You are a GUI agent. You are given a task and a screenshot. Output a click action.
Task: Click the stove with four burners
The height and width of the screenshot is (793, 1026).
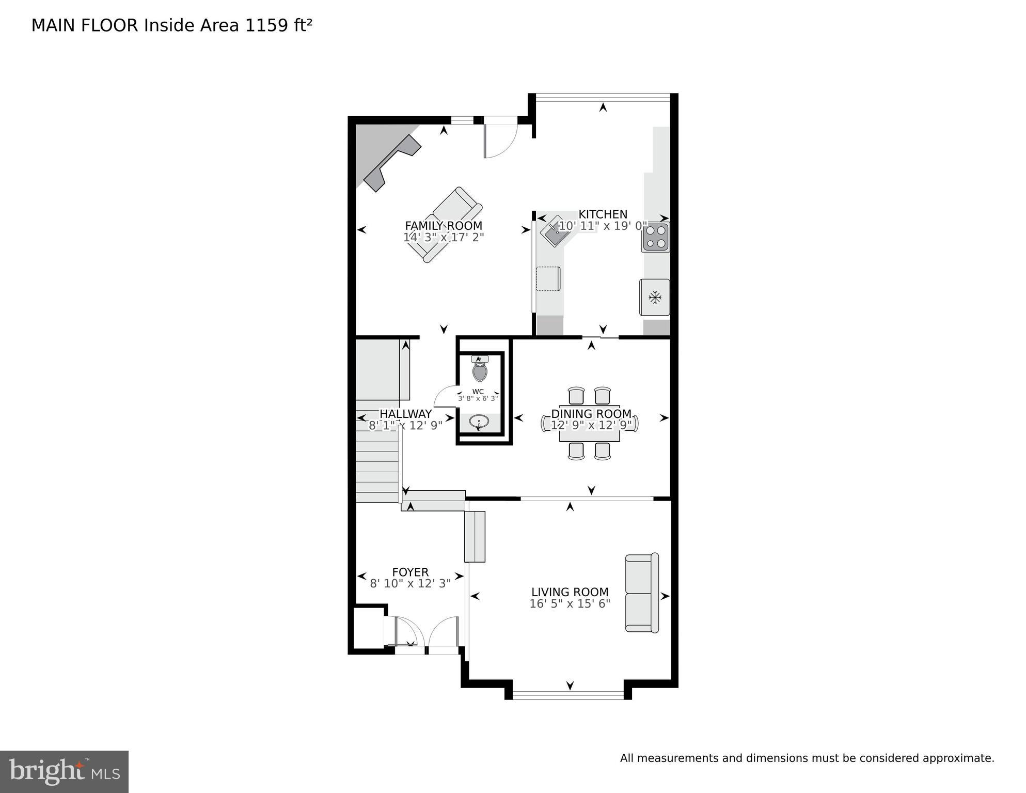(x=655, y=237)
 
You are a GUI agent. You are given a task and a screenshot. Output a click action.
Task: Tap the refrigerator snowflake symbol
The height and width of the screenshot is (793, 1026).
(x=655, y=297)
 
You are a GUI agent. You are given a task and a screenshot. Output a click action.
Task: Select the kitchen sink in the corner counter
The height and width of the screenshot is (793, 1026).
(x=555, y=234)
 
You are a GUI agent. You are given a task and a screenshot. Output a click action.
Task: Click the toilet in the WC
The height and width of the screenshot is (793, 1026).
(x=480, y=369)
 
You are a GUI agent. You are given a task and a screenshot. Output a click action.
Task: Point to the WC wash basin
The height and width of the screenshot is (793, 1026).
(x=480, y=423)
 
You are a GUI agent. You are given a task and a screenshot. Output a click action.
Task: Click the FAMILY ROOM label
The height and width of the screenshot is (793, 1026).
(x=443, y=226)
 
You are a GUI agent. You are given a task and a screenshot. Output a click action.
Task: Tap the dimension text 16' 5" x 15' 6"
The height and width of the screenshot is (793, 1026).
(x=570, y=604)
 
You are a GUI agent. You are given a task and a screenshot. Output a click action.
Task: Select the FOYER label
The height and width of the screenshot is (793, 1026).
(x=410, y=572)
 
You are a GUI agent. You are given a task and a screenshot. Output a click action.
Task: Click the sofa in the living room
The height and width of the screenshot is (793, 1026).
(x=642, y=593)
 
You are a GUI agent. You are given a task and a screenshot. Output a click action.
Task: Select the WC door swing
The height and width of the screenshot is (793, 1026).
(x=446, y=397)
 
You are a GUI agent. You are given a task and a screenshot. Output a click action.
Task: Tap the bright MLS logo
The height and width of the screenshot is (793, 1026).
(x=64, y=771)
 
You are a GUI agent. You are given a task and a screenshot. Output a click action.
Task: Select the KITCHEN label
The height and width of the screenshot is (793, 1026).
(x=603, y=214)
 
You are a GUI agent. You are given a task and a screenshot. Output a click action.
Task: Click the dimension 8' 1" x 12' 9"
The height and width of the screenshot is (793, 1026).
(x=405, y=426)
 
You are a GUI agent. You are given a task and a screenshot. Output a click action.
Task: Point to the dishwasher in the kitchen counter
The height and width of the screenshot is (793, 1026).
(x=548, y=279)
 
